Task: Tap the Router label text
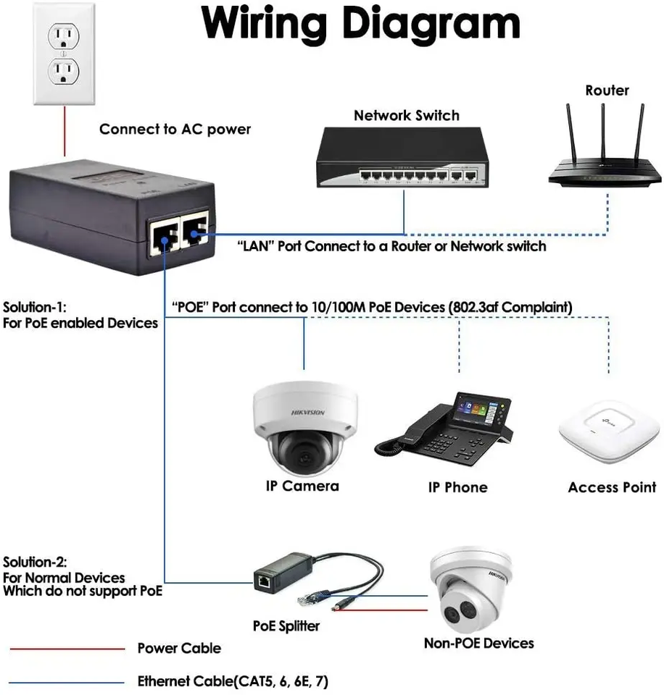(607, 90)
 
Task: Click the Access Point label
(612, 487)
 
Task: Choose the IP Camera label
(302, 486)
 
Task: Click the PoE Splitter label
(286, 625)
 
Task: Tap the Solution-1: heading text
(34, 306)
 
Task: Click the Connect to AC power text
(175, 130)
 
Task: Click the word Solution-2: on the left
(35, 562)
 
